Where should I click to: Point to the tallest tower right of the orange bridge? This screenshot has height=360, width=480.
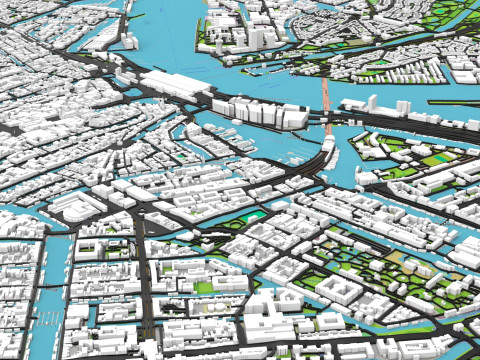click(371, 102)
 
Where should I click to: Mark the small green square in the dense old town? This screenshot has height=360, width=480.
click(181, 156)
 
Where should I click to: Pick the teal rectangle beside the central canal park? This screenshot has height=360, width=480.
click(254, 215)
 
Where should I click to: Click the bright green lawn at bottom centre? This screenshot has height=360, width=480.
click(205, 288)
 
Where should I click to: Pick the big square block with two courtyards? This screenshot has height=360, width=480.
click(340, 290)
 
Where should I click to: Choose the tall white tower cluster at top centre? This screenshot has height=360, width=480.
click(250, 36)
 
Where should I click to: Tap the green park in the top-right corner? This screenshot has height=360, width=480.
click(440, 20)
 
